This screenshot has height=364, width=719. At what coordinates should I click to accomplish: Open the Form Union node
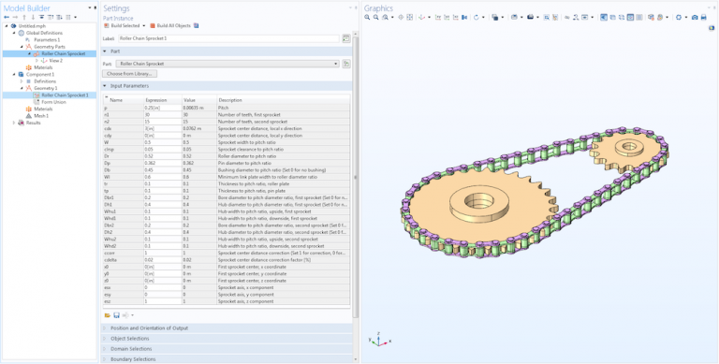(54, 101)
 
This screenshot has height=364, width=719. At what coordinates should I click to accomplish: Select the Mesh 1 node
(41, 115)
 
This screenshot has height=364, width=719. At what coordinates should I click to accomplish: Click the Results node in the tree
(33, 123)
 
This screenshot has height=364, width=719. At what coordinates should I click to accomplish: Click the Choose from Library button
(130, 73)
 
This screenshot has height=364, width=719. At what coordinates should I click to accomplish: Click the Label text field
(225, 38)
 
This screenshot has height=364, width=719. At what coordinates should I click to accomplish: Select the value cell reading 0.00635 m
(197, 108)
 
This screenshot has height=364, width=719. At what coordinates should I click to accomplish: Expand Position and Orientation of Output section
(149, 328)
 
